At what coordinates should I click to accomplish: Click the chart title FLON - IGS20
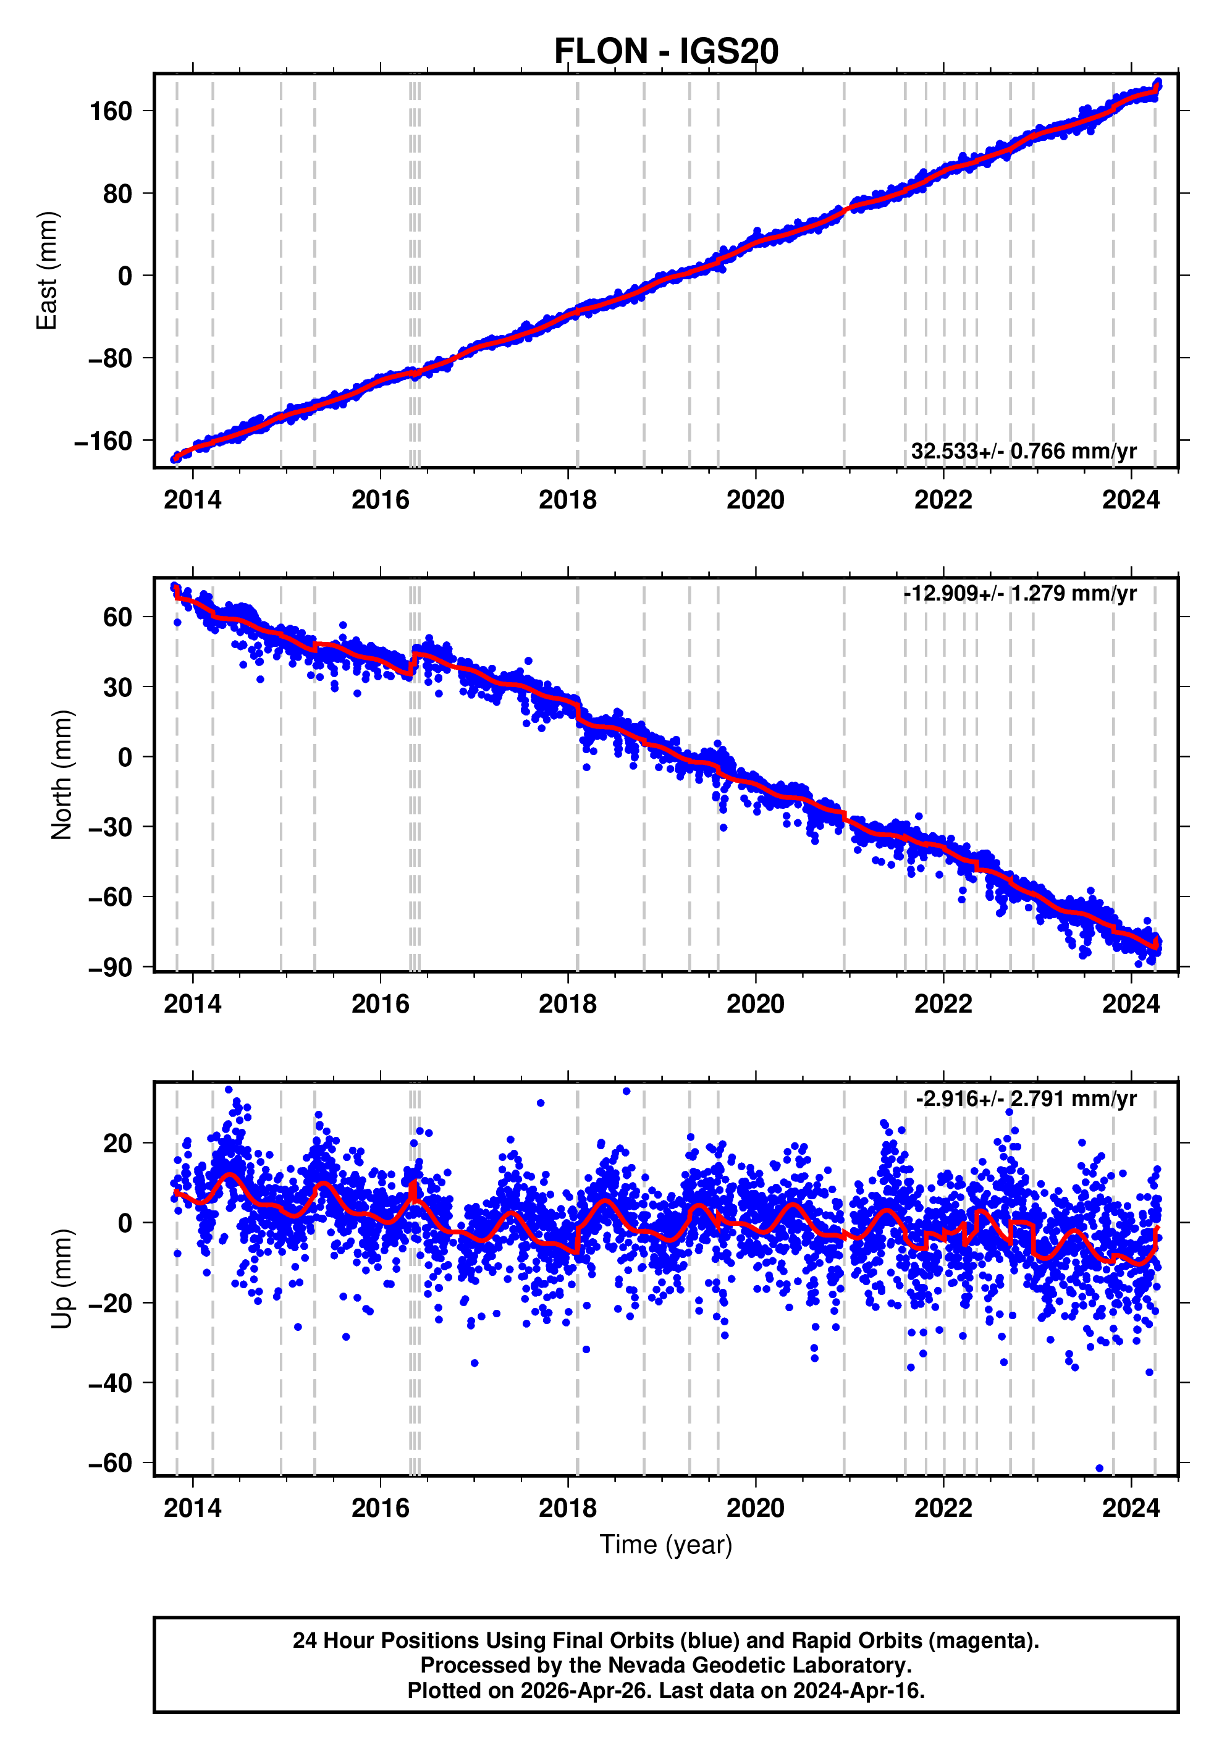pos(666,51)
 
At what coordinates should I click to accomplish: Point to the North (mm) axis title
pos(61,775)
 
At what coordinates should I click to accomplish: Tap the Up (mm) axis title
pos(61,1279)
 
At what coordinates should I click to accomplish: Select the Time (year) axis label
pos(666,1544)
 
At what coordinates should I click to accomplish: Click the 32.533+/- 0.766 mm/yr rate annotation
pos(1023,452)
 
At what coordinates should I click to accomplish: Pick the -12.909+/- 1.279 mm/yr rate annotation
pos(1019,593)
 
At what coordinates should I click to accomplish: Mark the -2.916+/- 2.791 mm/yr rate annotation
pos(1026,1099)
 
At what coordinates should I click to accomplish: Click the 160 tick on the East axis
pos(111,111)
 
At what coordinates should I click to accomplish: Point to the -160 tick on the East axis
pos(103,441)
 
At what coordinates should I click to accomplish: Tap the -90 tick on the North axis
pos(110,967)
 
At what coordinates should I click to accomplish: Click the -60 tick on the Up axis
pos(110,1462)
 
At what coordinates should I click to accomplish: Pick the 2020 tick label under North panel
pos(755,1005)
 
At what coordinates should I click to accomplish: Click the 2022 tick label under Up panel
pos(943,1508)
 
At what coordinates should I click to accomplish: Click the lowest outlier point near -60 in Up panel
pos(1099,1468)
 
